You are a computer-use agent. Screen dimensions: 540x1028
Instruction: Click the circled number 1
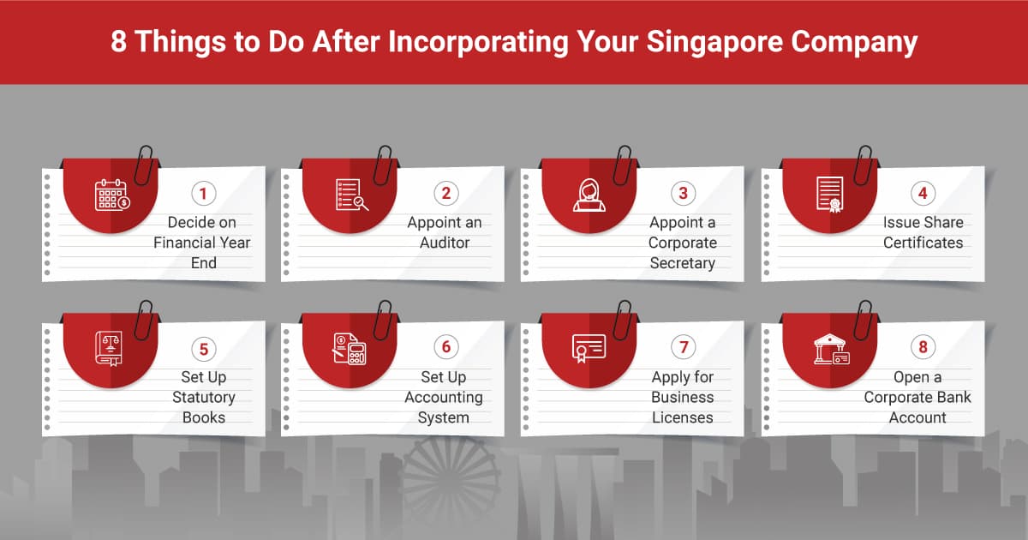point(203,193)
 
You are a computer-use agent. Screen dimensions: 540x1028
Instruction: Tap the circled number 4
point(923,193)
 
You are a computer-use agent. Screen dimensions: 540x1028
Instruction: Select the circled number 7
point(683,347)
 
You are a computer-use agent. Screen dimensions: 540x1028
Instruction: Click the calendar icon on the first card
point(111,195)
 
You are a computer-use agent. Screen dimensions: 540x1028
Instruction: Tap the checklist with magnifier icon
point(351,195)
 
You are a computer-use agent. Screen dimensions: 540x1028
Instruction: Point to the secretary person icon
point(589,195)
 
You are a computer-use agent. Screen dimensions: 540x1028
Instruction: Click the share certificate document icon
point(830,195)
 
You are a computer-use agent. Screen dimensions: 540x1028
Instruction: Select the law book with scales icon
point(110,349)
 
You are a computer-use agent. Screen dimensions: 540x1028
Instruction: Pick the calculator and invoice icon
point(350,349)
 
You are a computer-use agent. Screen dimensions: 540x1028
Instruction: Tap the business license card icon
point(589,347)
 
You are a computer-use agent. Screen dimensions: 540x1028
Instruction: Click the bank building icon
point(830,349)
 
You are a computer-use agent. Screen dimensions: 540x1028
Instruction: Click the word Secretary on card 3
point(682,263)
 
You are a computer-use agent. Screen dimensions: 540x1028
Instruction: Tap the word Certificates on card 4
point(923,243)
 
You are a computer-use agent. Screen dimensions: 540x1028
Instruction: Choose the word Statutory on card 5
point(203,397)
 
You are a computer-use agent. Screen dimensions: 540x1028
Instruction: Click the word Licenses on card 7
point(683,417)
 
